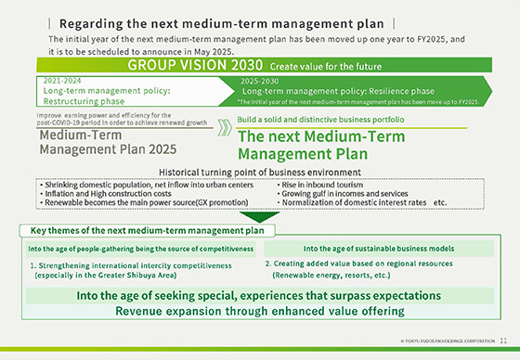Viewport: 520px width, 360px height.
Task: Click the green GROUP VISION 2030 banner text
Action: [195, 67]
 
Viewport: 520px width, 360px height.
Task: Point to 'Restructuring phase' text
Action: [85, 101]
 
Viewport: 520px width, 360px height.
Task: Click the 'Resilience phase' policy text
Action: [339, 92]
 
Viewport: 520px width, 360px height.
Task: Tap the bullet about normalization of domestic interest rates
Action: [348, 201]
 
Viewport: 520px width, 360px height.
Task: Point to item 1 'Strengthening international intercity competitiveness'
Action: [130, 265]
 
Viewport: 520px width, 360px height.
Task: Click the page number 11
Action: [502, 342]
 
